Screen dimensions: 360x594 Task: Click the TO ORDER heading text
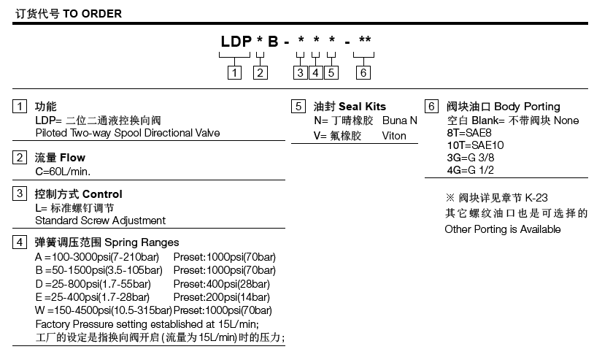tap(87, 14)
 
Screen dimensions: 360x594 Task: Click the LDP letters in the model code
tap(236, 42)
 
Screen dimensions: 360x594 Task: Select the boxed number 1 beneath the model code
tap(234, 72)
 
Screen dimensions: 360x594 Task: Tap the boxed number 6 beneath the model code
tap(363, 72)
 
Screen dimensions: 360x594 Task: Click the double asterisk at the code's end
tap(366, 40)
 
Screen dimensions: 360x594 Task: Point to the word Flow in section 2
tap(72, 157)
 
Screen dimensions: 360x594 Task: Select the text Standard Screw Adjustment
tap(100, 220)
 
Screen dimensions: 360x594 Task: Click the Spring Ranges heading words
tap(142, 242)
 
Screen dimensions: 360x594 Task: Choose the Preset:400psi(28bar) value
tap(221, 283)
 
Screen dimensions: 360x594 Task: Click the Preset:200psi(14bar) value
tap(221, 296)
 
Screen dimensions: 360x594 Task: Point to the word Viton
tap(394, 136)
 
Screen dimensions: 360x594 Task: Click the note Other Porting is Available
tap(503, 229)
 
